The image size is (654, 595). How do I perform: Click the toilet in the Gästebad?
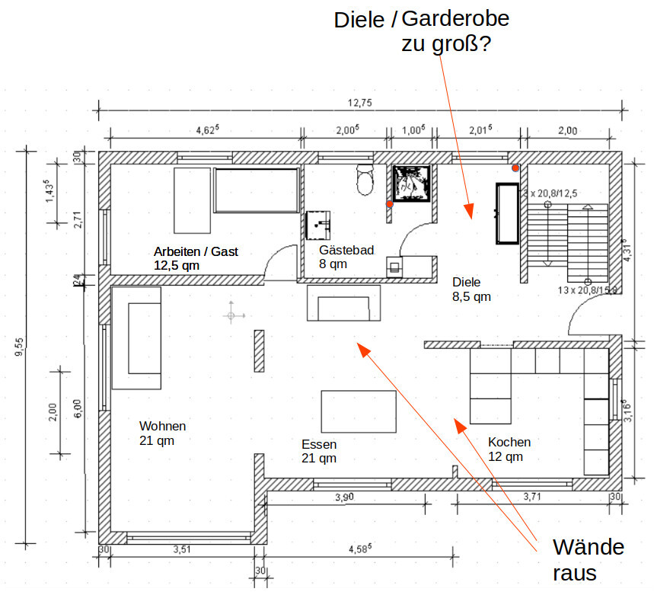(x=366, y=181)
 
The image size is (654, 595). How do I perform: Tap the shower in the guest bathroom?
(x=413, y=182)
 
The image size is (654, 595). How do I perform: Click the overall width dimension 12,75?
(x=360, y=103)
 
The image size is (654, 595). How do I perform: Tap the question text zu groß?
(x=446, y=44)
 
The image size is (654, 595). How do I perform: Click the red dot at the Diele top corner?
(x=515, y=168)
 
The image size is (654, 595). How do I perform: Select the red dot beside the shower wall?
(x=389, y=204)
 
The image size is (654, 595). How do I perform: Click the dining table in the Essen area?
(x=359, y=411)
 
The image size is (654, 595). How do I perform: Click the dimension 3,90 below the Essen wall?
(x=344, y=497)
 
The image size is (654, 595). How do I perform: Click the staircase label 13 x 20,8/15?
(x=587, y=290)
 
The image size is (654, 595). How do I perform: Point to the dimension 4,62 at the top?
(x=207, y=130)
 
